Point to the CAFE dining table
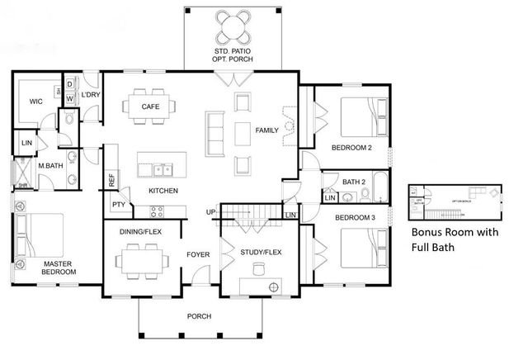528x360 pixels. pyautogui.click(x=150, y=107)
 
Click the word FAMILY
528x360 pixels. pyautogui.click(x=266, y=130)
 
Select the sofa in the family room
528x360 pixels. pyautogui.click(x=214, y=130)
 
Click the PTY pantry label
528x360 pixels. pyautogui.click(x=119, y=205)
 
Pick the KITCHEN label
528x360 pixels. pyautogui.click(x=163, y=191)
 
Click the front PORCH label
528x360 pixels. pyautogui.click(x=199, y=316)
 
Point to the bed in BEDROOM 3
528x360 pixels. pyautogui.click(x=361, y=245)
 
